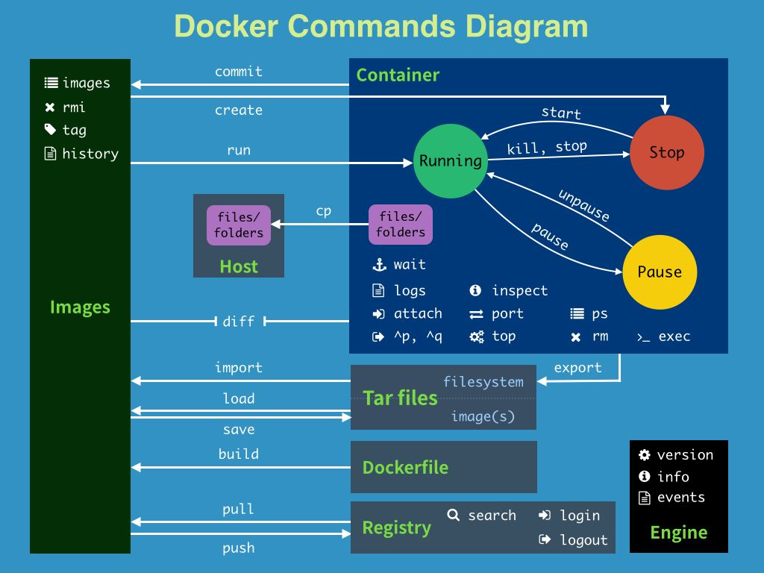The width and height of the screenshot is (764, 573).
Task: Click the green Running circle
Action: tap(450, 161)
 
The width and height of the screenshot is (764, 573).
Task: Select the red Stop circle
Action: tap(666, 153)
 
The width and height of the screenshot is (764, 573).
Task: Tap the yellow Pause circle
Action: tap(659, 272)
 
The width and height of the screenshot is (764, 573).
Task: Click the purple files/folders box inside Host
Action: tap(239, 225)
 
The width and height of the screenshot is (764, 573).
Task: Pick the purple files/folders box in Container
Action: tap(401, 225)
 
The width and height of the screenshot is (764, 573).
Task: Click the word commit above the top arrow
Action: tap(239, 72)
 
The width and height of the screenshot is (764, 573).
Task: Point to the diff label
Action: tap(239, 322)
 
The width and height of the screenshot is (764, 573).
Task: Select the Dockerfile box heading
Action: tap(405, 468)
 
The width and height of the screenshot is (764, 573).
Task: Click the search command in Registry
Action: tap(491, 516)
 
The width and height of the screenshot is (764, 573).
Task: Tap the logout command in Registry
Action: tap(583, 540)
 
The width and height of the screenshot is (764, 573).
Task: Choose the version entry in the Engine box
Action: tap(684, 455)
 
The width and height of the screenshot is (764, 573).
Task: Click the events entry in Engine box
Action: tap(680, 498)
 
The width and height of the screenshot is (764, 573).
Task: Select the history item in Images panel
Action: tap(90, 154)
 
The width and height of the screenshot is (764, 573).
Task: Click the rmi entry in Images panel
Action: tap(74, 107)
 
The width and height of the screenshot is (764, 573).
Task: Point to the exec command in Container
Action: tap(674, 336)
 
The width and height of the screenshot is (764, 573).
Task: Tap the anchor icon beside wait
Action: tap(379, 265)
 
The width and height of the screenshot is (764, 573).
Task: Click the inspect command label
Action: tap(519, 291)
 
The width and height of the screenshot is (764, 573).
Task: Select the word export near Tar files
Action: tap(577, 368)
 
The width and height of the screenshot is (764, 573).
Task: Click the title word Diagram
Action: tap(527, 26)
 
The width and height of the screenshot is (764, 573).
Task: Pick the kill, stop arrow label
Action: tap(547, 147)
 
